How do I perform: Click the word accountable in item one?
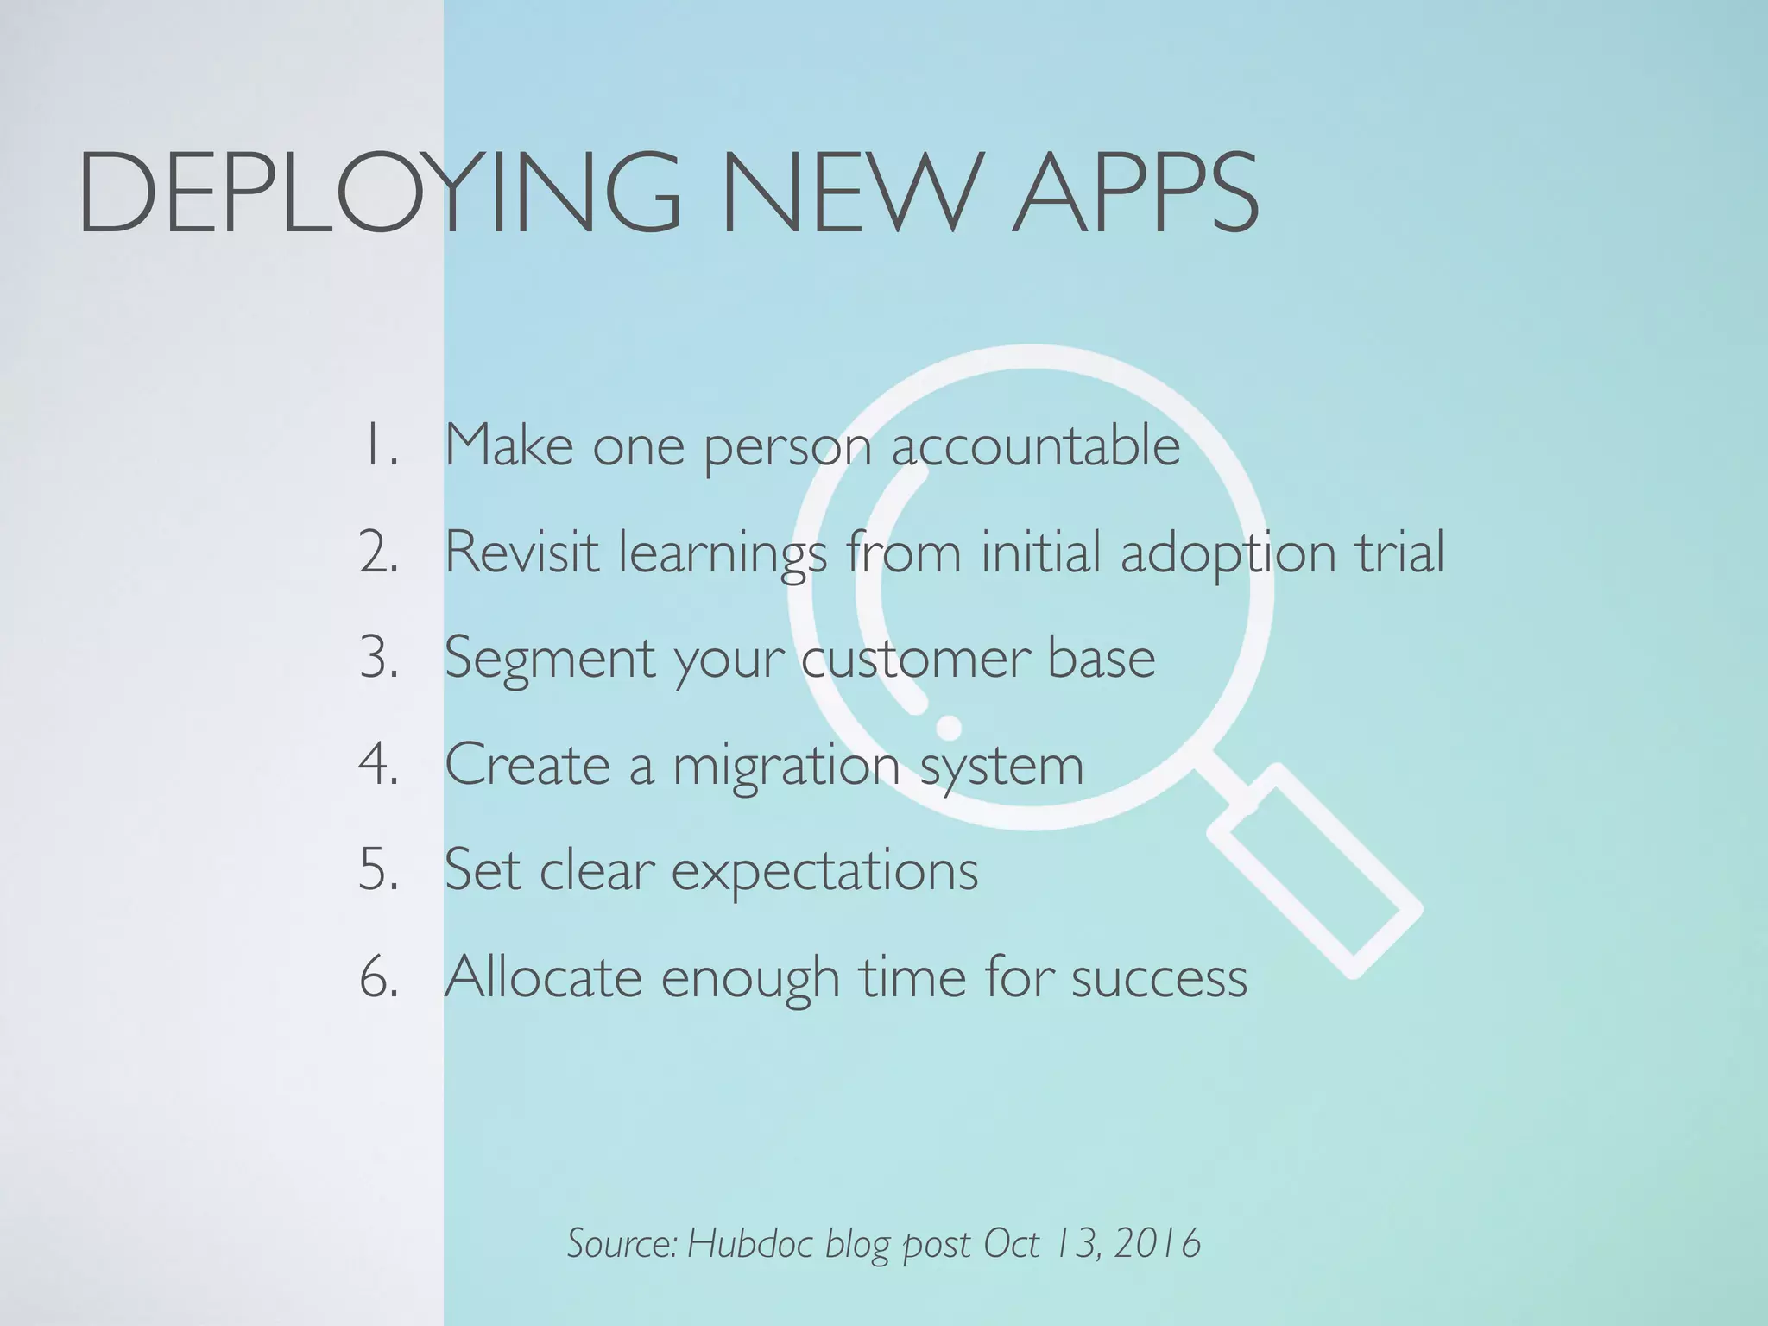1035,445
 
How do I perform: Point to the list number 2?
379,552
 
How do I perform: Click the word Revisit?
521,552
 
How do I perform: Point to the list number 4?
379,765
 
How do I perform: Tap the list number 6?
379,977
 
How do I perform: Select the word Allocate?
543,977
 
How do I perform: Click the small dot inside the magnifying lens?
949,728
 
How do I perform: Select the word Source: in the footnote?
622,1244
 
